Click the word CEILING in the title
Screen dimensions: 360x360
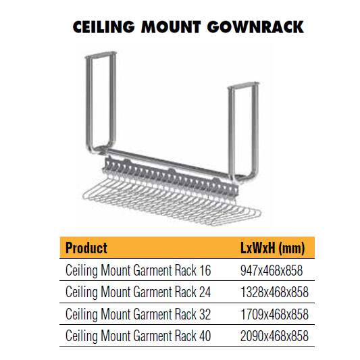click(103, 27)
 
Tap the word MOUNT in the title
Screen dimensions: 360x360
click(171, 27)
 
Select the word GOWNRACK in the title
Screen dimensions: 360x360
click(255, 27)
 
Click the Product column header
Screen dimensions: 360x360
click(86, 248)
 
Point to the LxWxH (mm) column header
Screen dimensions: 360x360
click(273, 248)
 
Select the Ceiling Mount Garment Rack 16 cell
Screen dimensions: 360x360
click(138, 270)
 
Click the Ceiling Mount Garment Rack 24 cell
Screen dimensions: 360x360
click(138, 292)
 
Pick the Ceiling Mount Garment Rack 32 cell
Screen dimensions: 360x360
click(138, 314)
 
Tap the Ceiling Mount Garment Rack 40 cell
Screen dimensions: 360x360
click(138, 336)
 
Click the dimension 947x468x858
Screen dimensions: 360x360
click(272, 270)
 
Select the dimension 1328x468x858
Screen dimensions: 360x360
click(274, 292)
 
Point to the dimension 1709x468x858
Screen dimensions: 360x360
click(274, 314)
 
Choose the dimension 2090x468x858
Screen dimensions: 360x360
click(274, 336)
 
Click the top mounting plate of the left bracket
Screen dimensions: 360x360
click(101, 55)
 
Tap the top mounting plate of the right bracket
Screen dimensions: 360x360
click(244, 85)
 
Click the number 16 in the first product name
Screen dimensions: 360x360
click(205, 270)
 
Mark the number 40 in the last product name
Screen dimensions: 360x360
click(205, 336)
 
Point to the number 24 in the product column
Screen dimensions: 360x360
click(205, 292)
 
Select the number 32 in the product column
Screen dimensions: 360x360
click(205, 314)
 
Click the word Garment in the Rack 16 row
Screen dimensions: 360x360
click(153, 270)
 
